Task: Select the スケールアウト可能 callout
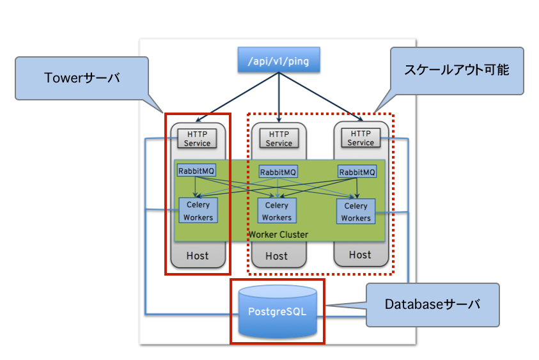pyautogui.click(x=457, y=70)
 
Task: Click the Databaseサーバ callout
pyautogui.click(x=432, y=305)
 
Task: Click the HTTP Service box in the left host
pyautogui.click(x=197, y=138)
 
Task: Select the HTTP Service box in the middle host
pyautogui.click(x=279, y=139)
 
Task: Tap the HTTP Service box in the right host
pyautogui.click(x=361, y=138)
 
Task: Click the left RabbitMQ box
pyautogui.click(x=196, y=171)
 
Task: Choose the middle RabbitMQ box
pyautogui.click(x=278, y=172)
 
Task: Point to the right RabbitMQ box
pyautogui.click(x=357, y=172)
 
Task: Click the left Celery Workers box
pyautogui.click(x=198, y=210)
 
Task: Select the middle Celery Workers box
pyautogui.click(x=277, y=211)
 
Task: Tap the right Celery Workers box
pyautogui.click(x=356, y=212)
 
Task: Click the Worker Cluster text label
pyautogui.click(x=278, y=235)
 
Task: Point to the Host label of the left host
pyautogui.click(x=198, y=256)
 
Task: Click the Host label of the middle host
pyautogui.click(x=277, y=256)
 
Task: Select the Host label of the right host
pyautogui.click(x=360, y=254)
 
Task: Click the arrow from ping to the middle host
pyautogui.click(x=279, y=96)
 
